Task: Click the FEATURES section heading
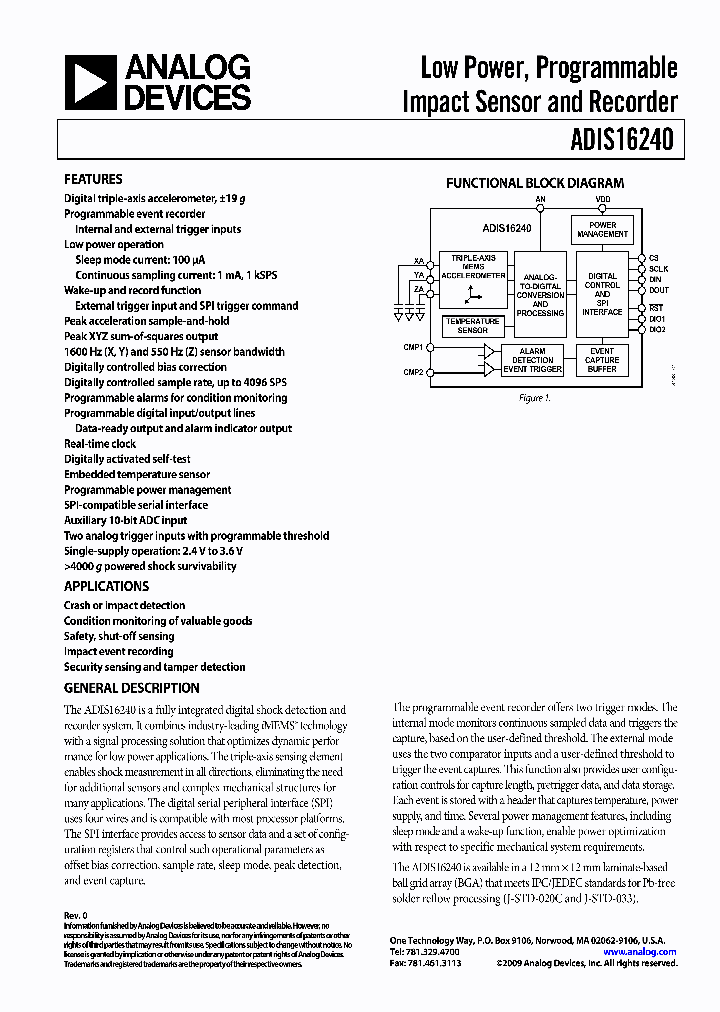tap(93, 179)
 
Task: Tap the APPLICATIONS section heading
tap(106, 586)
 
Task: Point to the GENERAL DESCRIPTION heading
tap(131, 688)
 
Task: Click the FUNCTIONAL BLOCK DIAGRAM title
tap(534, 183)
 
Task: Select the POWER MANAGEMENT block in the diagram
tap(603, 230)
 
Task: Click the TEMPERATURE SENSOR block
tap(472, 326)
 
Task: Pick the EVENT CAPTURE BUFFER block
tap(602, 360)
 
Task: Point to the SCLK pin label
tap(658, 269)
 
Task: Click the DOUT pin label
tap(658, 290)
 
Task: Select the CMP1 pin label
tap(412, 347)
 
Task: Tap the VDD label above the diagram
tap(603, 200)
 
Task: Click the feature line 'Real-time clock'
tap(100, 443)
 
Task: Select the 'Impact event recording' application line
tap(119, 651)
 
